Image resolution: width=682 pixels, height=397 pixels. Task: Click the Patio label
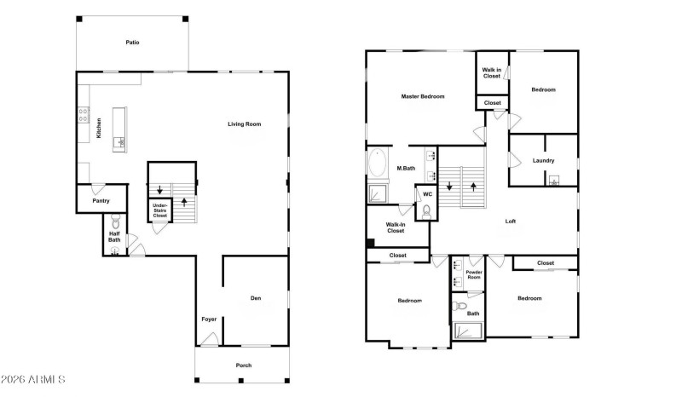click(132, 42)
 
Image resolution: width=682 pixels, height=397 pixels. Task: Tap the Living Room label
click(244, 124)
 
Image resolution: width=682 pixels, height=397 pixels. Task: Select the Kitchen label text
click(99, 129)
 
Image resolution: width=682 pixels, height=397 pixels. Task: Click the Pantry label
click(101, 201)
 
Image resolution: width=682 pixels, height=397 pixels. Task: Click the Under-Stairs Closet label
click(159, 210)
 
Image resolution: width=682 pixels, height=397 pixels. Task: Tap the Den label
click(256, 298)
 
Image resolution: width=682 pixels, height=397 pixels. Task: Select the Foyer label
click(209, 319)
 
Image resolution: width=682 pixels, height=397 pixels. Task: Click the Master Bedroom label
click(423, 96)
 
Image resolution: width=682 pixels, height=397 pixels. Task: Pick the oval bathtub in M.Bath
click(378, 164)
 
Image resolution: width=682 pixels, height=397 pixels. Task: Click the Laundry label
click(544, 161)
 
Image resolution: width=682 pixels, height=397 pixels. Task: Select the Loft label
click(511, 222)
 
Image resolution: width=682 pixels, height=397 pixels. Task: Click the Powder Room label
click(474, 275)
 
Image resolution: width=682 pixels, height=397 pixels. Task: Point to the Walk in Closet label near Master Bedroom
click(492, 72)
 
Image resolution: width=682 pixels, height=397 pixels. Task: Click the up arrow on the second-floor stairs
click(473, 185)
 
